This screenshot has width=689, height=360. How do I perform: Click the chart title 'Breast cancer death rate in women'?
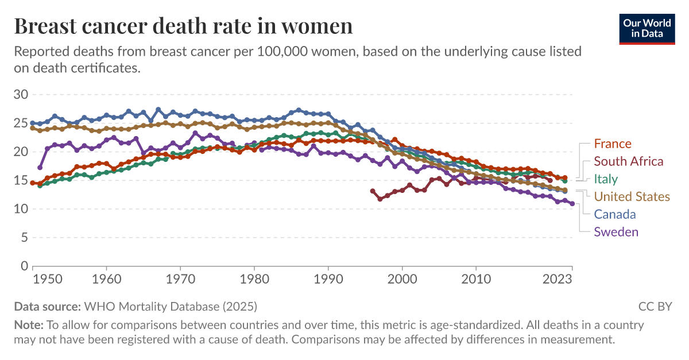183,26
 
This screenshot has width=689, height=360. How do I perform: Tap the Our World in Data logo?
647,26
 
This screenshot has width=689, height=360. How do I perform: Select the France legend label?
612,144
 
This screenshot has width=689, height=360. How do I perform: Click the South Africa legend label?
628,161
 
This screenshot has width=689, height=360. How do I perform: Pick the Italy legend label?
606,179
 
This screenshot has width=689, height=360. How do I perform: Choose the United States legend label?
632,197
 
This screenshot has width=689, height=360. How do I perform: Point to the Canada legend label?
614,214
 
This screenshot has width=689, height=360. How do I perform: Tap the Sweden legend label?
616,232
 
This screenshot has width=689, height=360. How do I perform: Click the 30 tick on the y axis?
21,94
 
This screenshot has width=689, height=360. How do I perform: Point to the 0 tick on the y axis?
25,266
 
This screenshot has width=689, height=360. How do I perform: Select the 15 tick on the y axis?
21,180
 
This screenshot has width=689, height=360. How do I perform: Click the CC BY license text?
655,306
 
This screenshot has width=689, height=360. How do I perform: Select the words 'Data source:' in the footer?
48,306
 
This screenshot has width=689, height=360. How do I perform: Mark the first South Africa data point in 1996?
373,191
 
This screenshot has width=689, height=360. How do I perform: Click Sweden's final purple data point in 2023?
572,203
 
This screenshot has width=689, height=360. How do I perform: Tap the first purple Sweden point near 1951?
40,168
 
